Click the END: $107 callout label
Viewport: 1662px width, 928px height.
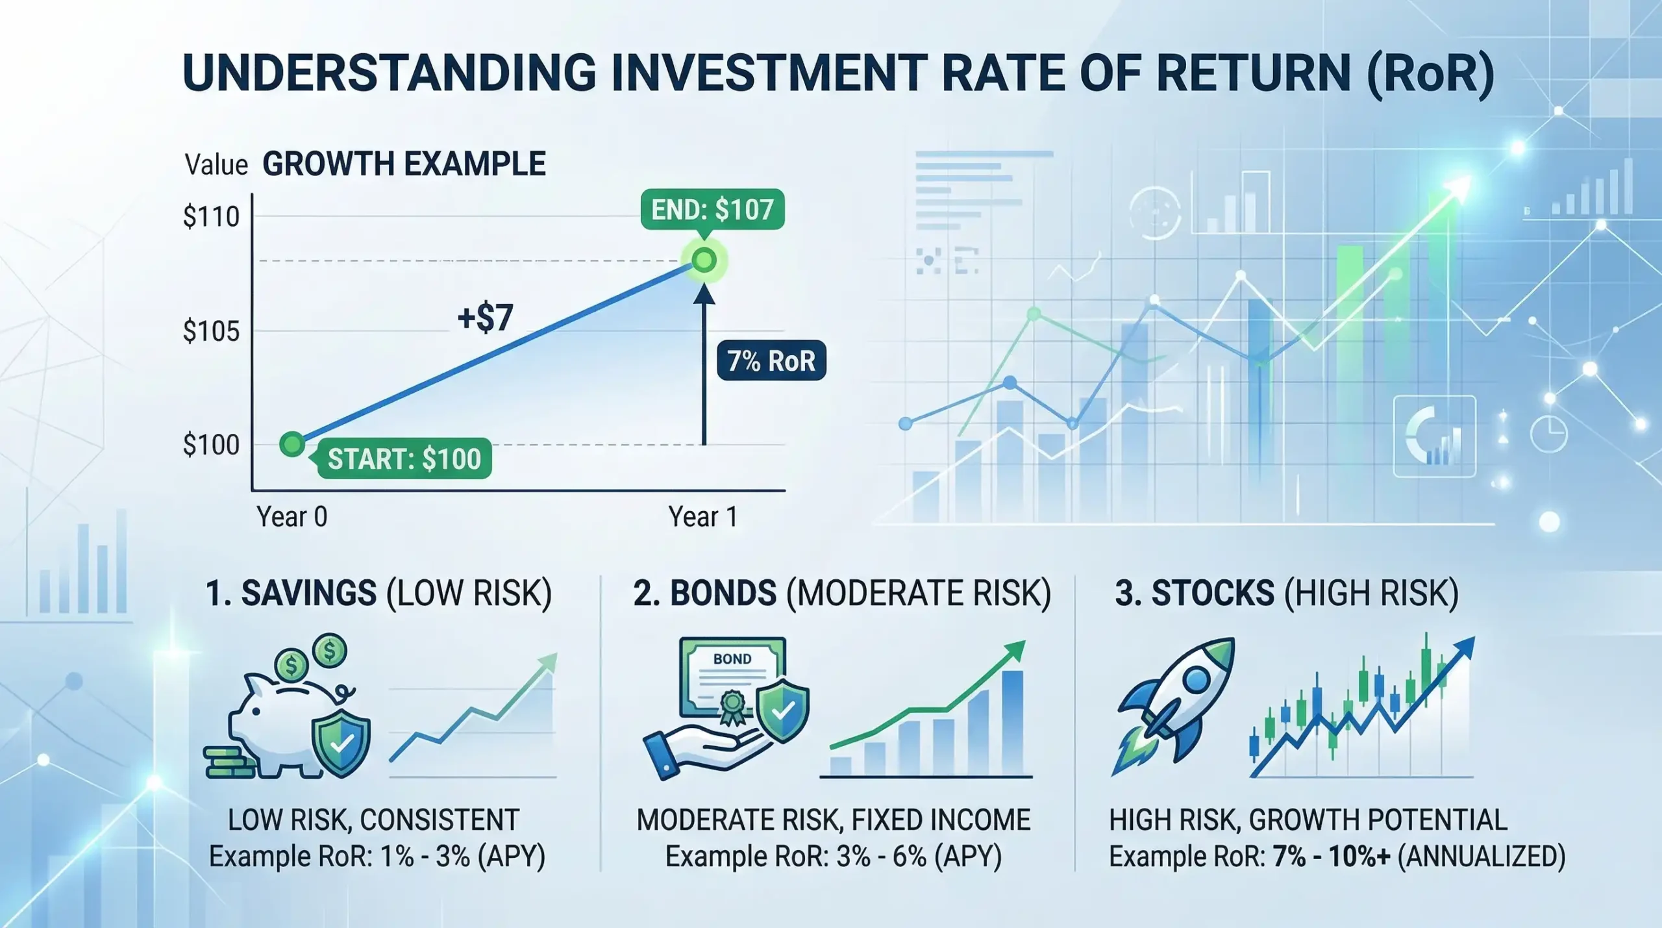712,210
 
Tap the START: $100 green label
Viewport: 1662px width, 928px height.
404,458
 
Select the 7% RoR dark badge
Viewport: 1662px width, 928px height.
771,360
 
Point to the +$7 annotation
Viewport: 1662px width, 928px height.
485,318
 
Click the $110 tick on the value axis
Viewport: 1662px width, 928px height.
211,216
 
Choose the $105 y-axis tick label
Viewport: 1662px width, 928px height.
211,332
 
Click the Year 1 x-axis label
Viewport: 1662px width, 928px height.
702,517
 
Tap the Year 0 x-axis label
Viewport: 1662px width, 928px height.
291,517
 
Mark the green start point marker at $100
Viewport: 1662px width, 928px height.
292,444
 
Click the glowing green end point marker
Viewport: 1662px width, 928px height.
704,260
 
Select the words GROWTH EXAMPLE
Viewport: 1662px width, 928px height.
404,164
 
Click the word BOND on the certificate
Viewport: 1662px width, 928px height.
732,658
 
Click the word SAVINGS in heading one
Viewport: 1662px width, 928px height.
308,593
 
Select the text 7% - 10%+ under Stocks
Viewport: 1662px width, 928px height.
1331,857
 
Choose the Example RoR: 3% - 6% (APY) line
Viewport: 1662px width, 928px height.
834,857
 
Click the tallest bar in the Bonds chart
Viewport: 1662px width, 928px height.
1013,722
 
